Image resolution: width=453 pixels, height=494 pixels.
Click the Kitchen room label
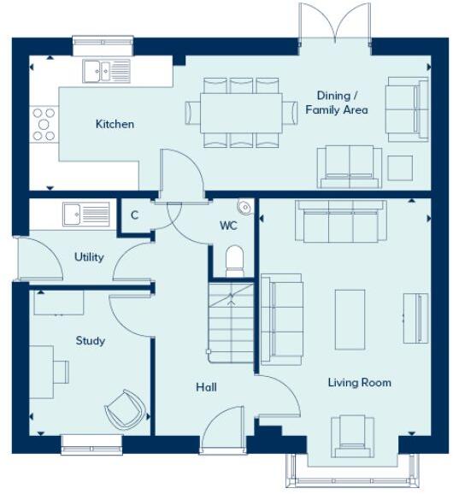(115, 124)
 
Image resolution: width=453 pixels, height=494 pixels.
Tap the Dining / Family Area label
(337, 103)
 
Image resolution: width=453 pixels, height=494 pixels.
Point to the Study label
(91, 341)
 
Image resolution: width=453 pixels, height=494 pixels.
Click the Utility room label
(89, 256)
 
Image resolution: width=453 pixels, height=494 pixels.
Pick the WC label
(228, 226)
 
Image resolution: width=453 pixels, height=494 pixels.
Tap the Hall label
(206, 387)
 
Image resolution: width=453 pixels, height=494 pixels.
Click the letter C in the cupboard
(134, 215)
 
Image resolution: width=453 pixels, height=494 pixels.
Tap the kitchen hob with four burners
(44, 124)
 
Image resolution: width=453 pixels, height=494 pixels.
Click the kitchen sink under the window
(106, 70)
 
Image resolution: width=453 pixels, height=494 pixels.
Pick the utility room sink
(85, 213)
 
